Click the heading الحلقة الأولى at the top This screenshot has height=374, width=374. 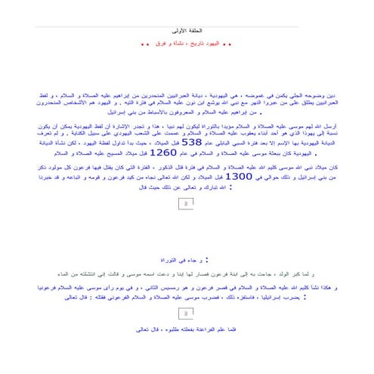[x=187, y=30]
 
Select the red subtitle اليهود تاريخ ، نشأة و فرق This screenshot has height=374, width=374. [x=187, y=44]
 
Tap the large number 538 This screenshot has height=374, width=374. [x=192, y=141]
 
